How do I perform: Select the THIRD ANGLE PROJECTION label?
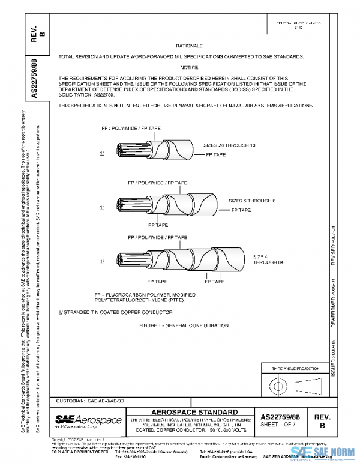pos(292,368)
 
